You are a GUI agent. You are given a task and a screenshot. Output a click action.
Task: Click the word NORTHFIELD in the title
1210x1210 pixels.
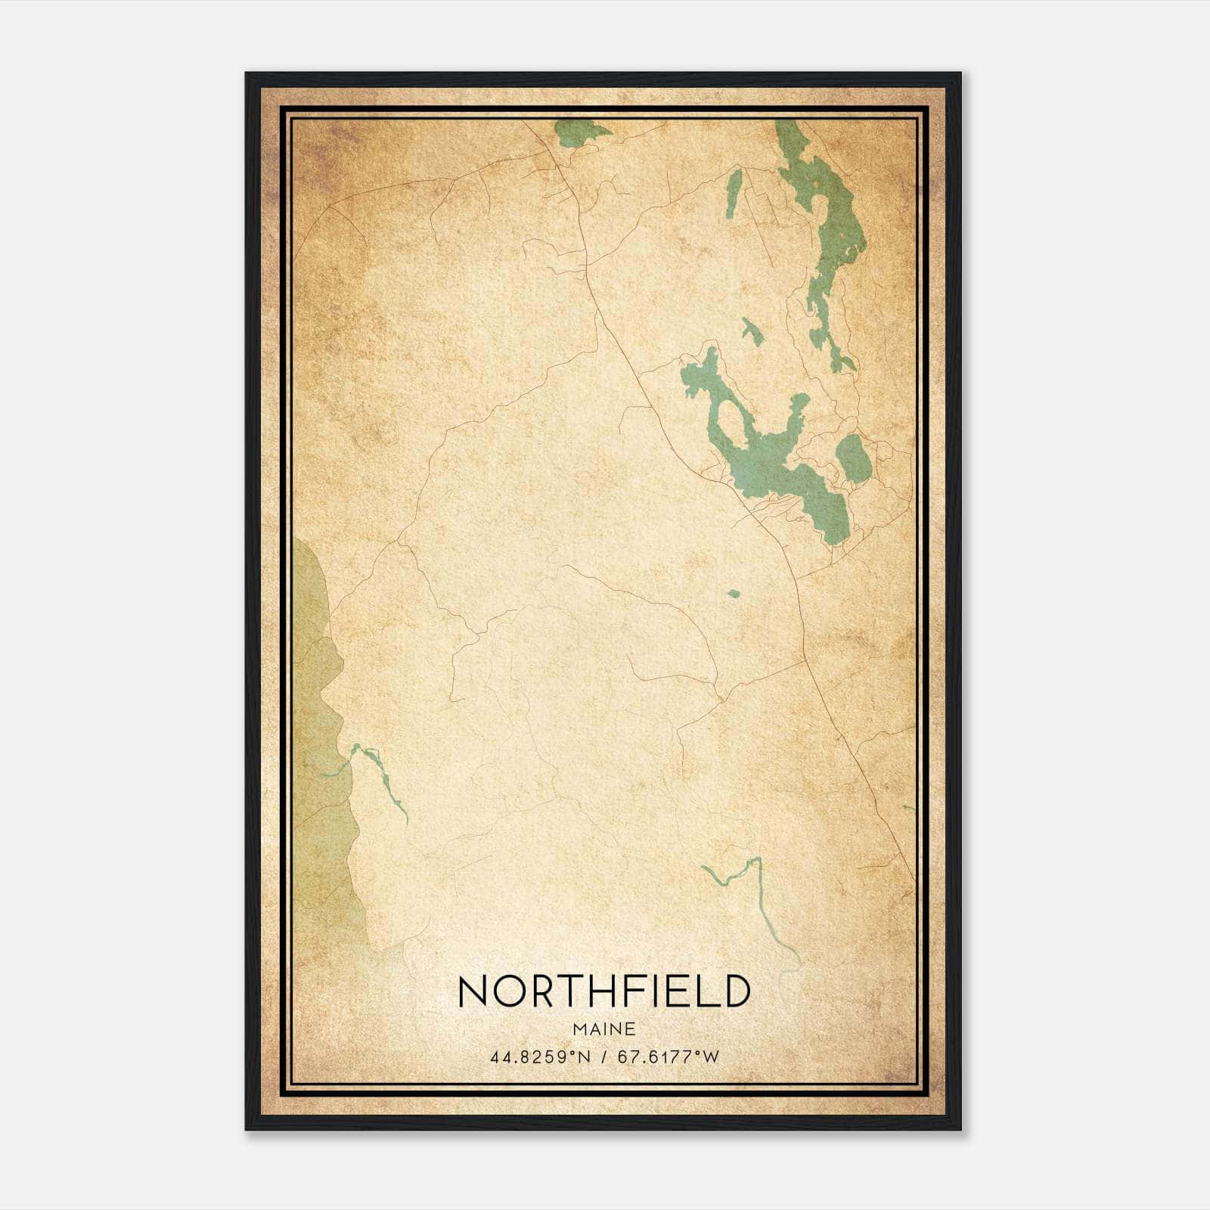[x=603, y=991]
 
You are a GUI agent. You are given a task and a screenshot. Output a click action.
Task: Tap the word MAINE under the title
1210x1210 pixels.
[x=603, y=1029]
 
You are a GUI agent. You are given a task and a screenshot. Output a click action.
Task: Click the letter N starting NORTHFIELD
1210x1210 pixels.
[x=473, y=991]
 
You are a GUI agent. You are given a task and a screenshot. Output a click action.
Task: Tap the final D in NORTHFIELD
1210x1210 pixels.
[x=736, y=991]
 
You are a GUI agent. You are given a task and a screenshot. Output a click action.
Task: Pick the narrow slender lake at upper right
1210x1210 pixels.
[x=733, y=194]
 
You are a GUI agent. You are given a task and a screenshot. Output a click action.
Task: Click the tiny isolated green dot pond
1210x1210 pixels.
[x=733, y=594]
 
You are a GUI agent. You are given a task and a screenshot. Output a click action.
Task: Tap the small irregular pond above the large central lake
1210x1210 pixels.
[x=752, y=330]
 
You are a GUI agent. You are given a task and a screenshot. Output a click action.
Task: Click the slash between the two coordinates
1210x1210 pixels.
[x=603, y=1057]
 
